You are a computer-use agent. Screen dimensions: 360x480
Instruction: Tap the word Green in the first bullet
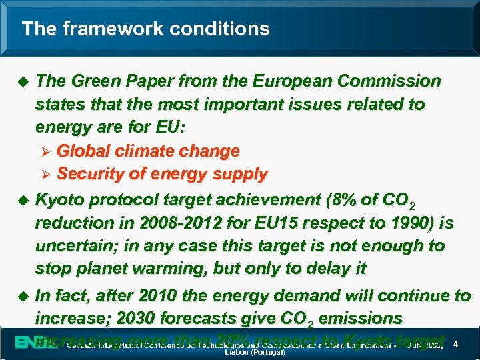click(91, 81)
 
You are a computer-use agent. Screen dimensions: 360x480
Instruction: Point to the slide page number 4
click(455, 344)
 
